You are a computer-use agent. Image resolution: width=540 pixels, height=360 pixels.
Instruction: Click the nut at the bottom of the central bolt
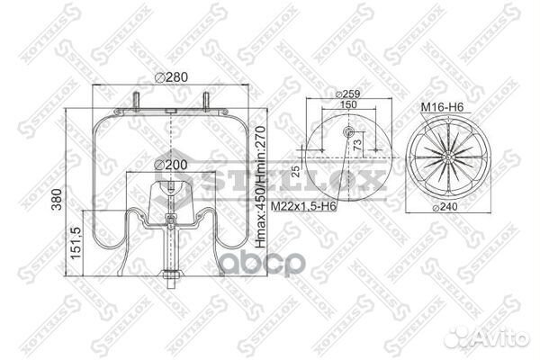[171, 274]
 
